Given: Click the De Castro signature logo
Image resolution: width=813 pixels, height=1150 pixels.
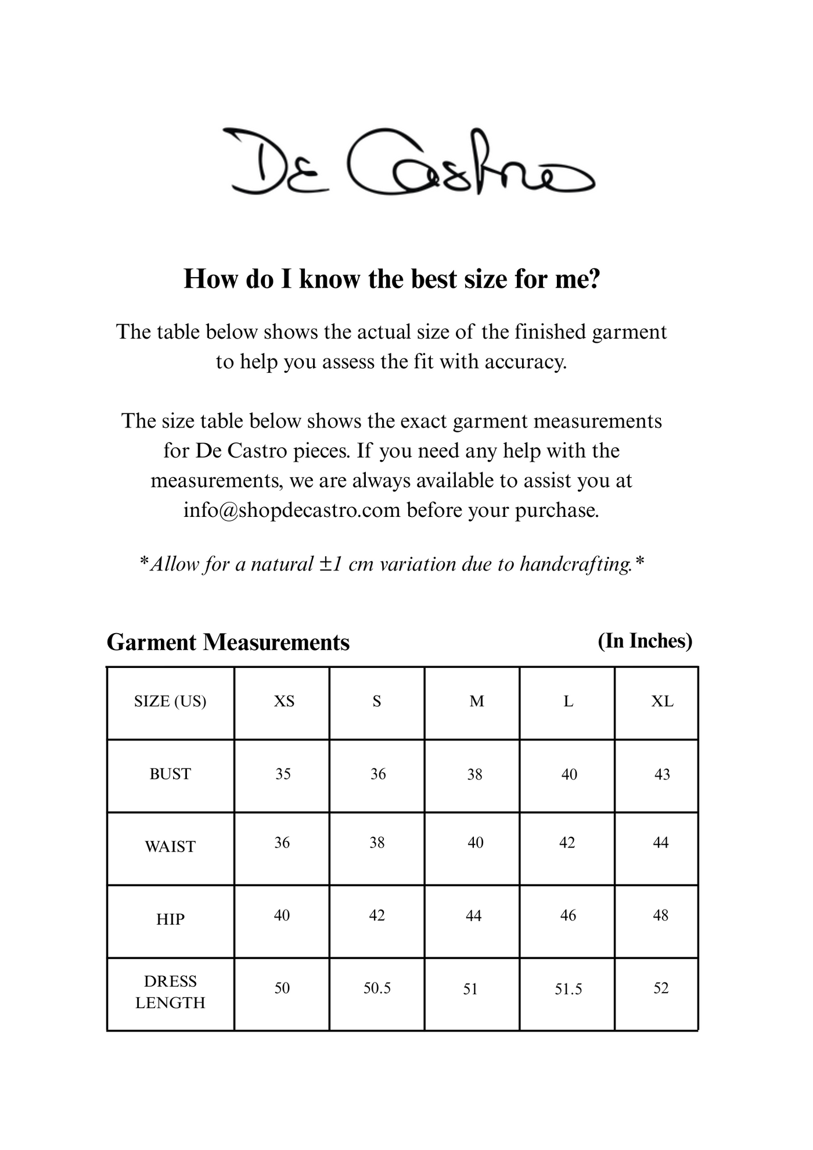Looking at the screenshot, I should pos(409,162).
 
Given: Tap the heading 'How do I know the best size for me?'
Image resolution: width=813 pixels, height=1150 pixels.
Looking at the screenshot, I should pos(391,279).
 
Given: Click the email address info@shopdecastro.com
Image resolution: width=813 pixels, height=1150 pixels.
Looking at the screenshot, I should pos(292,511).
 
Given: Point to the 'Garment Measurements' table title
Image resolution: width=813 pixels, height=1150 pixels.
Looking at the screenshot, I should pos(228,642).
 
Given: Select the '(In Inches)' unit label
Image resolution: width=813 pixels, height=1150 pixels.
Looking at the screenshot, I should pos(645,641).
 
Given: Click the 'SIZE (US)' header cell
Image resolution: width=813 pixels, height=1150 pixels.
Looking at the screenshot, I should pos(170,702).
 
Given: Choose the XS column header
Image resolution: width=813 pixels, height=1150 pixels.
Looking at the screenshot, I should pos(284,702).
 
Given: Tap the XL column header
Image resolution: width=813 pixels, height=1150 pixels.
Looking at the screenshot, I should pos(662,702).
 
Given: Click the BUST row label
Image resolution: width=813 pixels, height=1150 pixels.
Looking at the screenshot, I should pos(170,774).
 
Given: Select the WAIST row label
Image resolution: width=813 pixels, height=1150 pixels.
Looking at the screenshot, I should pos(170,847).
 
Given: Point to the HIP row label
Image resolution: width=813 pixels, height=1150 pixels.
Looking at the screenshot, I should pos(170,919).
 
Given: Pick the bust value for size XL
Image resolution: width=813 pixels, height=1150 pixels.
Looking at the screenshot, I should pos(662,774).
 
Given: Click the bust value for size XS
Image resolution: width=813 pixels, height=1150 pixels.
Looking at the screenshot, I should pos(283,774).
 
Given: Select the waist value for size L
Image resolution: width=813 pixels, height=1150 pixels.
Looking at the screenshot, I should pos(567,843).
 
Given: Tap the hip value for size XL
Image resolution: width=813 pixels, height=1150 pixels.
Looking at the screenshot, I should pos(661,915).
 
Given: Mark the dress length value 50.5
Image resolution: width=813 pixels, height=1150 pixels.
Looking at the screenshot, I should pos(377,988).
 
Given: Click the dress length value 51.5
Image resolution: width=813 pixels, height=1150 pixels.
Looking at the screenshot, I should pos(568,989).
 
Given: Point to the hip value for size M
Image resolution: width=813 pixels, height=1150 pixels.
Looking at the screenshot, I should pos(474,916).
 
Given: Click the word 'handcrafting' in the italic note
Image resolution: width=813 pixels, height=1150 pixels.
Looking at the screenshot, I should pos(575,564).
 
